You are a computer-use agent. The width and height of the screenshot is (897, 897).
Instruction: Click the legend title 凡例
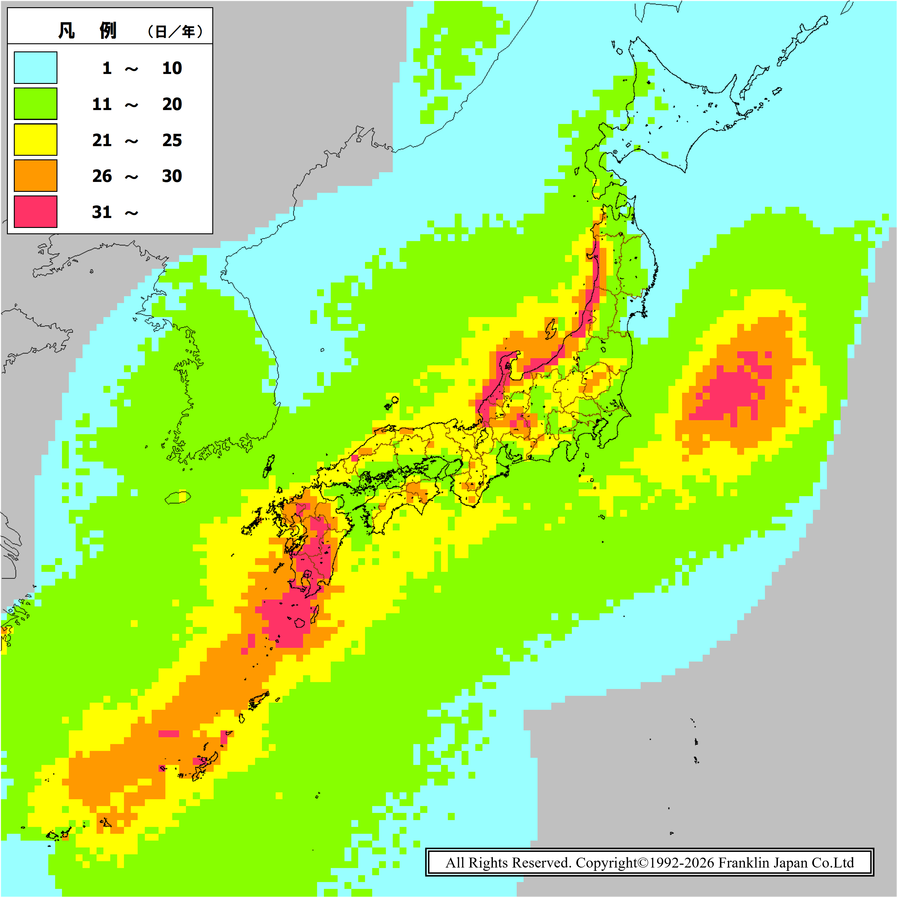[x=87, y=31]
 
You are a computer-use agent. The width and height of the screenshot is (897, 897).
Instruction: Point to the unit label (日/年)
[x=175, y=32]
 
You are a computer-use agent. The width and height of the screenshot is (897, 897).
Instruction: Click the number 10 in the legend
[x=172, y=68]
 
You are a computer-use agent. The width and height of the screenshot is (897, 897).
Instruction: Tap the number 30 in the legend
[x=172, y=176]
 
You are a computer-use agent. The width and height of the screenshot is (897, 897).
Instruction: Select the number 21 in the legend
[x=102, y=140]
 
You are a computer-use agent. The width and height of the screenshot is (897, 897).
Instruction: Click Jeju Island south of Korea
[x=178, y=498]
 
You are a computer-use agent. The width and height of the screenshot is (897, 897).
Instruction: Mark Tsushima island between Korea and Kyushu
[x=269, y=467]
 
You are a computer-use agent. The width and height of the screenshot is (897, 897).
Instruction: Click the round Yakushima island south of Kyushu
[x=300, y=622]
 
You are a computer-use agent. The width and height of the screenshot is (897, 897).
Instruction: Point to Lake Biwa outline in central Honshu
[x=483, y=436]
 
